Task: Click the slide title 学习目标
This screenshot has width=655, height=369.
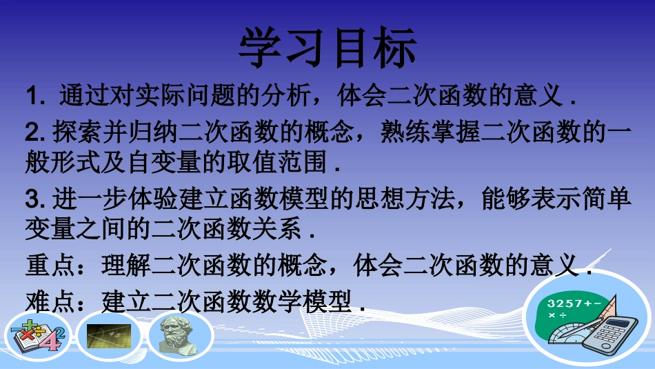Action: (x=327, y=48)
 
